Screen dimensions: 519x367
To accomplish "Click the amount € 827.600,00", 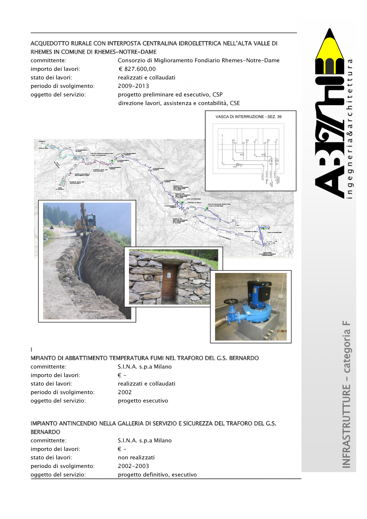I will click(137, 69).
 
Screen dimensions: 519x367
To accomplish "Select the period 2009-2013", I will click(133, 86).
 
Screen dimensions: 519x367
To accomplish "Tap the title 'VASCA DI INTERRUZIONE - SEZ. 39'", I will click(248, 117).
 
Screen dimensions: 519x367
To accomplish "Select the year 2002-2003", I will click(133, 466).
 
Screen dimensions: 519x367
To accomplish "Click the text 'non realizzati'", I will click(136, 457).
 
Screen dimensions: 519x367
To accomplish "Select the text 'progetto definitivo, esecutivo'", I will click(157, 475).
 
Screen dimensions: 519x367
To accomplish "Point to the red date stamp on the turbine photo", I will click(282, 331).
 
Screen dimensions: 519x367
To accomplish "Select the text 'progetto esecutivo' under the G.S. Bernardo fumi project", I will click(143, 401).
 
